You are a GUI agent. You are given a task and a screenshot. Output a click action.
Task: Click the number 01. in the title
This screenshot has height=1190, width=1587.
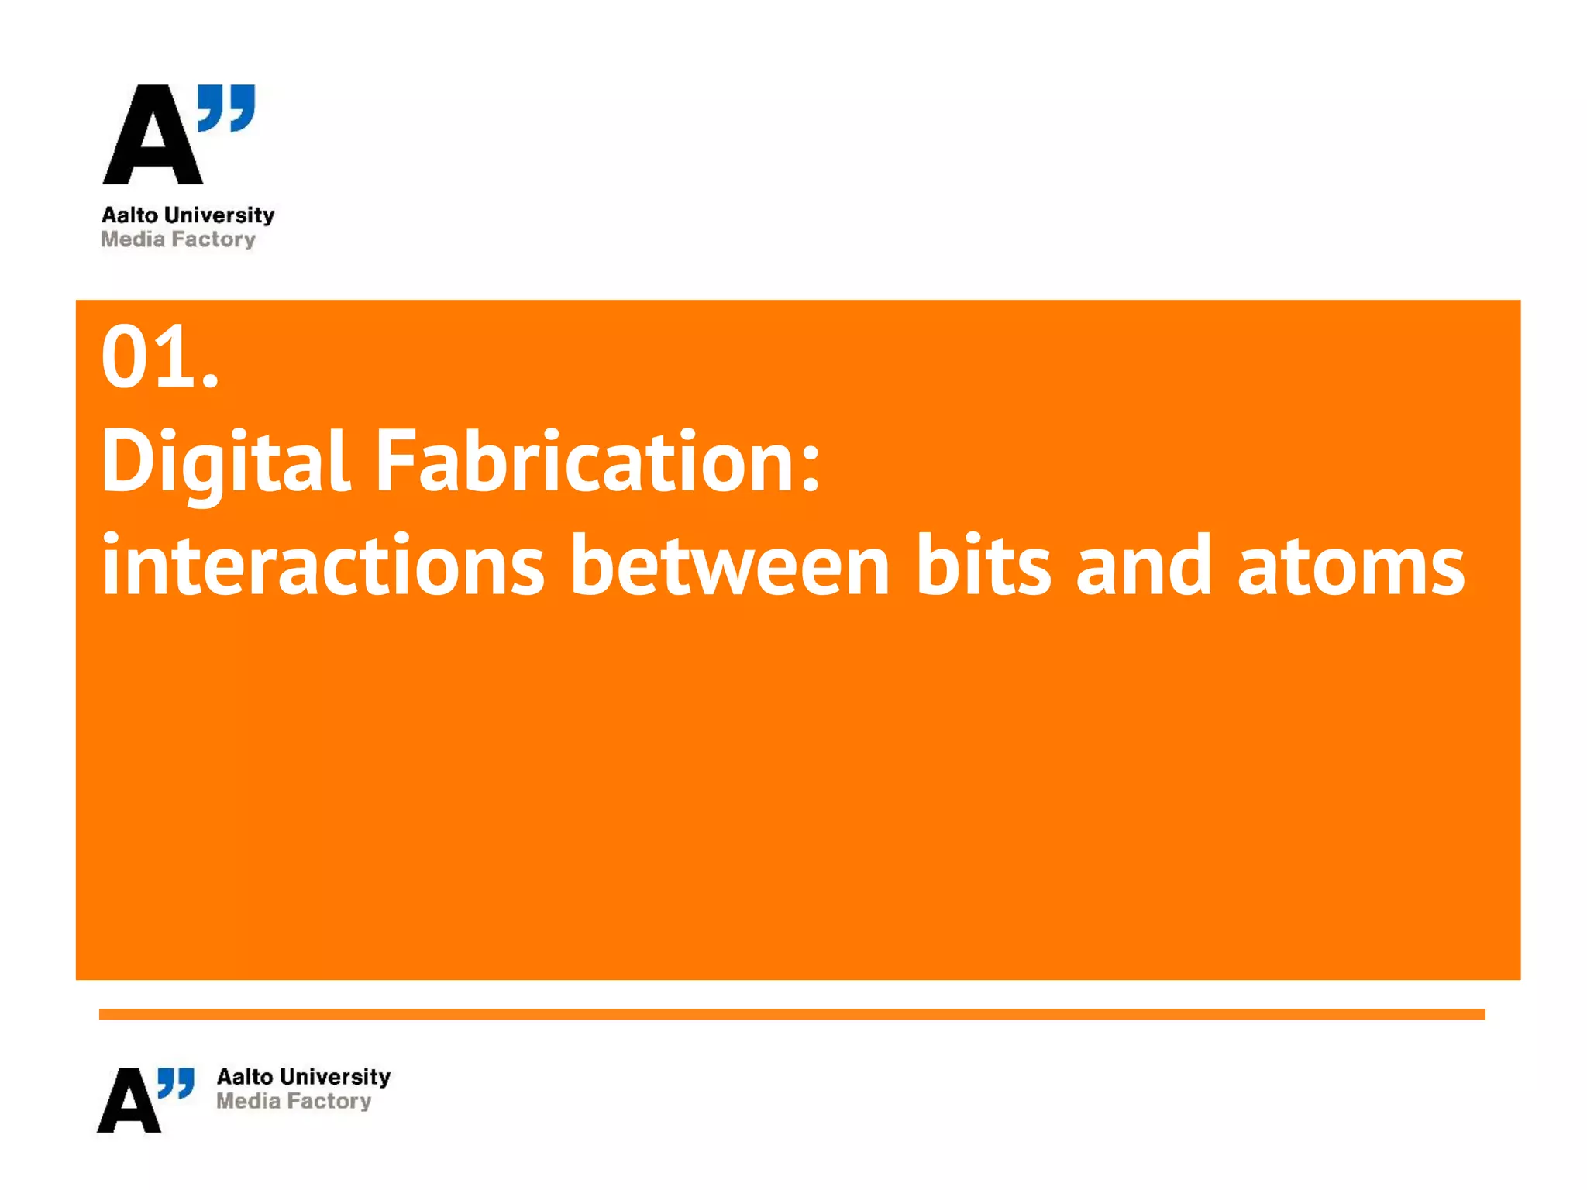pyautogui.click(x=160, y=357)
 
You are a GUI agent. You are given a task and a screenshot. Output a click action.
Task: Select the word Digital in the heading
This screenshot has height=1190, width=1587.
pyautogui.click(x=225, y=463)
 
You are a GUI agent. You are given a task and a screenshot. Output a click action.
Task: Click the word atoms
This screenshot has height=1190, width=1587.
pyautogui.click(x=1351, y=568)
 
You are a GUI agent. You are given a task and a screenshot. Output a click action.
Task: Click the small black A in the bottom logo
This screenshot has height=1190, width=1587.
pyautogui.click(x=129, y=1101)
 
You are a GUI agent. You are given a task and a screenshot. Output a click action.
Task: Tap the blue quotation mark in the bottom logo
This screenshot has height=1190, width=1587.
pyautogui.click(x=176, y=1082)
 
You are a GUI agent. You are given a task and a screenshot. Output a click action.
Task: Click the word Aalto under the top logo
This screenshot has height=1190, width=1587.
pyautogui.click(x=129, y=215)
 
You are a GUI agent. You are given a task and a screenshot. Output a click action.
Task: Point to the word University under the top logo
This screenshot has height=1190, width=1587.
pyautogui.click(x=220, y=215)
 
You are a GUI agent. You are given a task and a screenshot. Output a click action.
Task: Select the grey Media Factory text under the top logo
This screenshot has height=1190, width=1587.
pyautogui.click(x=178, y=239)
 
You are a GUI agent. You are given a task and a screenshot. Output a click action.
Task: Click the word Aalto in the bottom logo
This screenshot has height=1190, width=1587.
pyautogui.click(x=245, y=1077)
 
